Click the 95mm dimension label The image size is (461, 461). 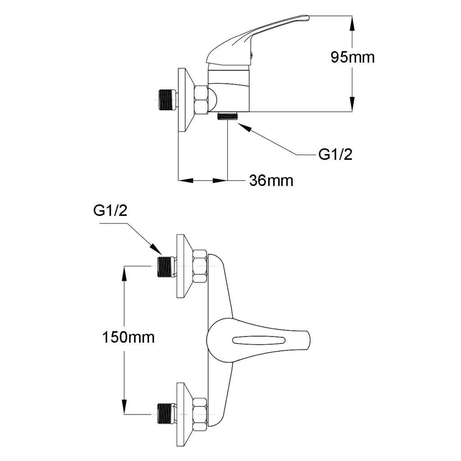click(353, 57)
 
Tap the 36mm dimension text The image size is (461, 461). click(271, 180)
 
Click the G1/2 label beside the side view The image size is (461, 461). click(335, 154)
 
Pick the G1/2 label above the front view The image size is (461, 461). click(110, 211)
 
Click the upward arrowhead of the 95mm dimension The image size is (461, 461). click(353, 23)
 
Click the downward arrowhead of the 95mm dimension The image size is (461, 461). click(353, 104)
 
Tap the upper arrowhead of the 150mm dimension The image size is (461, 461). click(124, 273)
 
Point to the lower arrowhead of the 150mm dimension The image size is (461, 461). click(124, 407)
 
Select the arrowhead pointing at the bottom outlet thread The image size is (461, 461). click(244, 127)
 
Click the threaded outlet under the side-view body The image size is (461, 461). click(227, 116)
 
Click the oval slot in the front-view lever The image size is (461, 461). click(259, 340)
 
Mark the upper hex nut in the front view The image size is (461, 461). click(200, 267)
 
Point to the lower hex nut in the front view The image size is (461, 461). click(200, 415)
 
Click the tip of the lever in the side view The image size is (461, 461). click(309, 18)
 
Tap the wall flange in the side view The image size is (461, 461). click(186, 100)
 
